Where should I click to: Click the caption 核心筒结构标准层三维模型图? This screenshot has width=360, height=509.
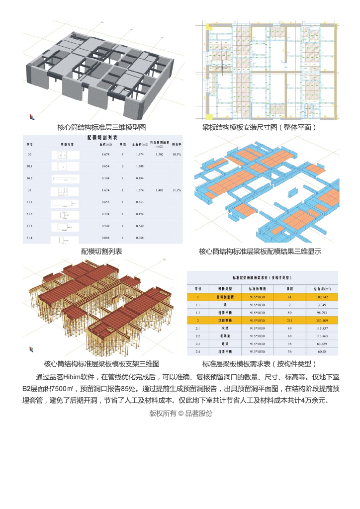101,127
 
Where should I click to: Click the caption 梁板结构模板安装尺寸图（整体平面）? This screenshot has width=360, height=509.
259,127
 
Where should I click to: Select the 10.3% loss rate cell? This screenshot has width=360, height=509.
176,155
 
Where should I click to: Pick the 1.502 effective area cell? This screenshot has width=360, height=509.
159,155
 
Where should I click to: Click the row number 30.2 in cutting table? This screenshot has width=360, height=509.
30,178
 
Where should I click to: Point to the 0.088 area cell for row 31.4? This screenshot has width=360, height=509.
105,238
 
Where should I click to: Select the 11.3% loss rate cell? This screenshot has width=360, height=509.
176,190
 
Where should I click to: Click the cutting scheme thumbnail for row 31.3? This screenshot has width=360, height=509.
64,226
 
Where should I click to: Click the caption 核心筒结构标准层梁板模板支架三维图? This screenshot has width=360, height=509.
101,364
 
